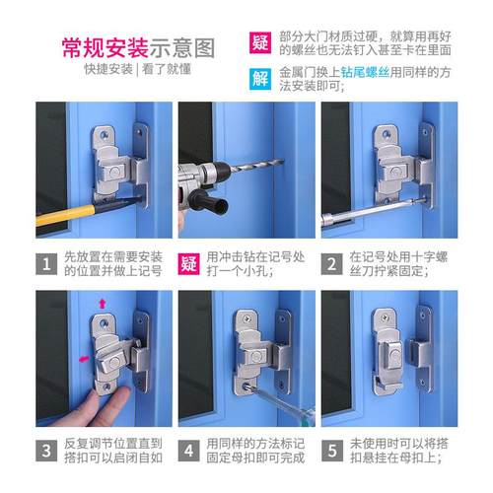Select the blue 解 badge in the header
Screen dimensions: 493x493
(259, 78)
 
